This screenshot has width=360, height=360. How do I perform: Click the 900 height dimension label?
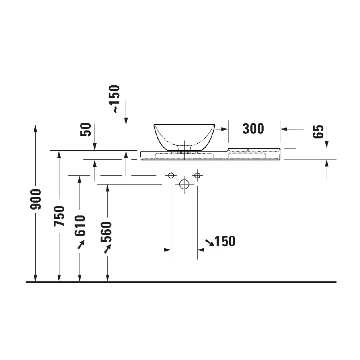[x=36, y=199]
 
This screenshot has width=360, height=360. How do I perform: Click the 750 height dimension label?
[x=60, y=216]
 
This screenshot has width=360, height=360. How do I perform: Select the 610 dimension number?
[x=80, y=225]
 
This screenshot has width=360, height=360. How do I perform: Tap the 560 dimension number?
[x=106, y=232]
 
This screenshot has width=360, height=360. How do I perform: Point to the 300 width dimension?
[x=253, y=129]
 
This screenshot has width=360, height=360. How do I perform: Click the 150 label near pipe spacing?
[x=225, y=241]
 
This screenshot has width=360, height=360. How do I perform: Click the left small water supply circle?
[x=171, y=175]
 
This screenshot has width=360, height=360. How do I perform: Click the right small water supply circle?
[x=197, y=175]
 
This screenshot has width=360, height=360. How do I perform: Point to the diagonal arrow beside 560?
[x=107, y=249]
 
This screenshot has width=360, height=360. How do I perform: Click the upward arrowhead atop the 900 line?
[x=35, y=128]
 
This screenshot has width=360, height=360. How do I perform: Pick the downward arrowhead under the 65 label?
[x=327, y=144]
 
